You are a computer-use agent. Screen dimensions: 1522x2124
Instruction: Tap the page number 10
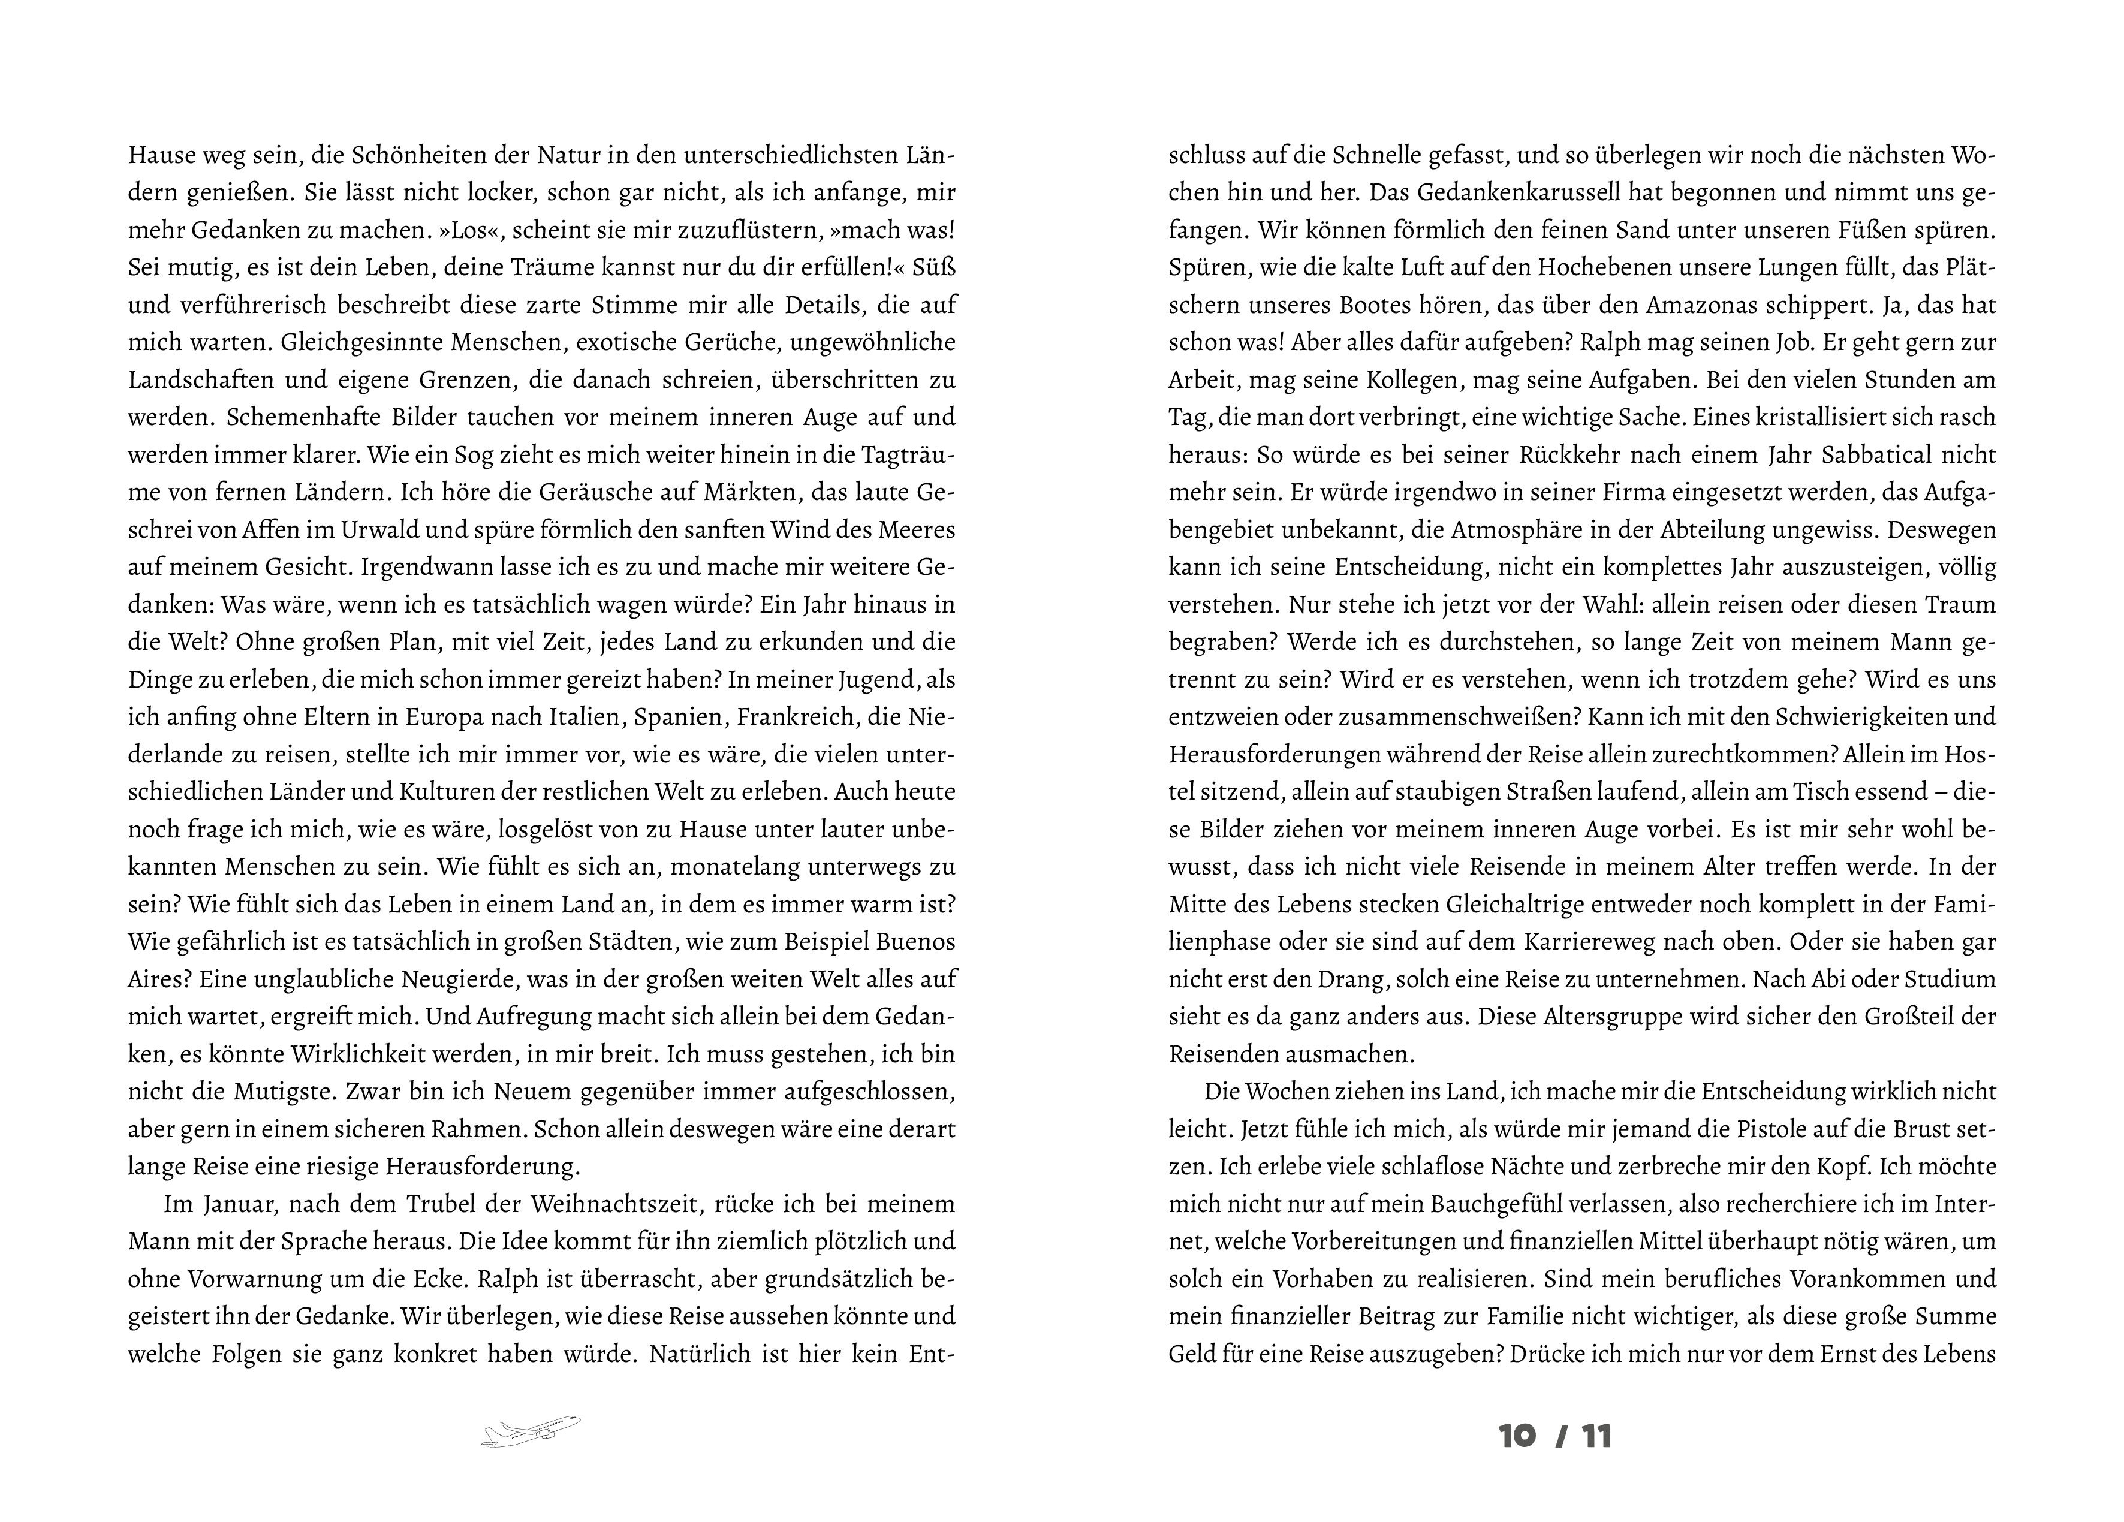[x=1517, y=1436]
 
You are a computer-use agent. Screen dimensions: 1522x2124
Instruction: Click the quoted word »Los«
[x=489, y=230]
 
